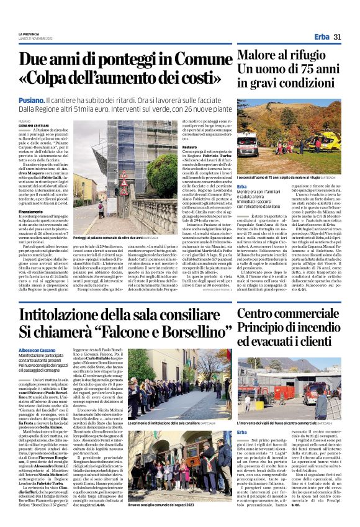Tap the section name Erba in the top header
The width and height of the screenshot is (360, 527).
322,37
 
